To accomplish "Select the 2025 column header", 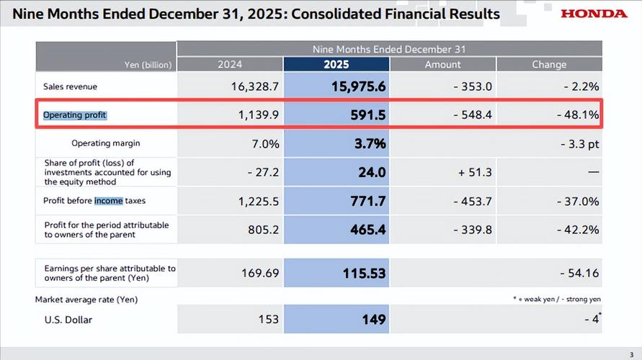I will point(336,65).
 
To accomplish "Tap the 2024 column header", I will point(229,65).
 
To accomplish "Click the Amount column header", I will point(442,65).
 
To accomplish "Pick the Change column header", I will point(549,65).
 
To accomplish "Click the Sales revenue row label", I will point(71,86).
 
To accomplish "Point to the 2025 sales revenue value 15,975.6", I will point(359,86).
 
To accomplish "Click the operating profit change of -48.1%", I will point(578,114).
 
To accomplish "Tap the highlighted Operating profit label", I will point(75,114).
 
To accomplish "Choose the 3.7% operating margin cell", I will point(370,143).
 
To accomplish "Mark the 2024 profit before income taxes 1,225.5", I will point(259,201).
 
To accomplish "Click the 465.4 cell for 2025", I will point(367,230).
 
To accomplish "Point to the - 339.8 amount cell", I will point(473,230).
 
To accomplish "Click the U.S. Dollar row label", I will point(68,319).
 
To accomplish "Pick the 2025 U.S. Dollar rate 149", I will point(373,319).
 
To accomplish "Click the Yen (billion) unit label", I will point(148,65).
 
